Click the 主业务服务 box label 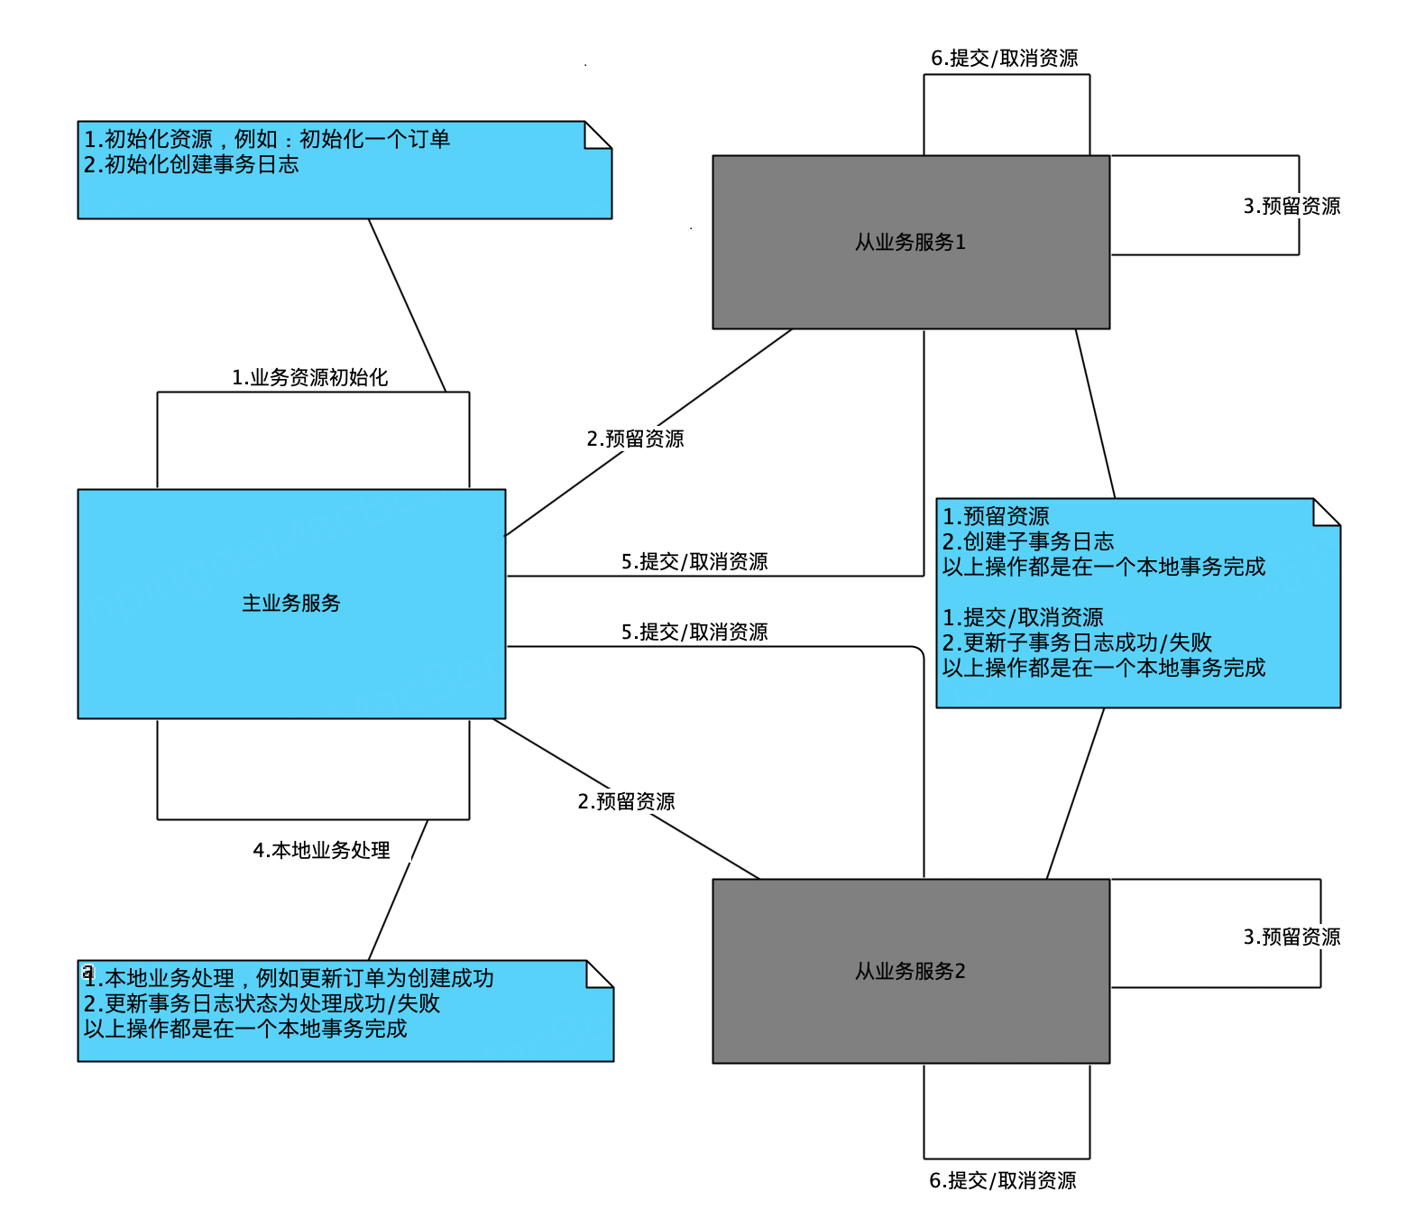click(291, 604)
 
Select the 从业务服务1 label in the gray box click(910, 243)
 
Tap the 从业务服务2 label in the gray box click(910, 972)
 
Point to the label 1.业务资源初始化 click(309, 378)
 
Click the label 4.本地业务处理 click(321, 851)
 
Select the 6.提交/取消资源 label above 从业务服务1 click(1004, 59)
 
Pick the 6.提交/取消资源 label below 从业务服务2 click(1002, 1181)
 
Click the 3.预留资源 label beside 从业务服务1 click(1292, 207)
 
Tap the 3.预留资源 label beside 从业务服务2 click(1292, 937)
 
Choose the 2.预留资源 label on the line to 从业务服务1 click(635, 439)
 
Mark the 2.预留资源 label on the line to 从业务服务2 click(626, 802)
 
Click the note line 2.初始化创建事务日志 click(191, 165)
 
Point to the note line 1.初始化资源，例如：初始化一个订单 click(267, 140)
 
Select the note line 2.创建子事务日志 click(1028, 542)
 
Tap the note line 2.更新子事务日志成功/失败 click(1077, 643)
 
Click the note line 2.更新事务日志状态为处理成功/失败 click(262, 1004)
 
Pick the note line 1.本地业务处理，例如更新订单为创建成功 click(289, 979)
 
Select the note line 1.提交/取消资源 click(1023, 618)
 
